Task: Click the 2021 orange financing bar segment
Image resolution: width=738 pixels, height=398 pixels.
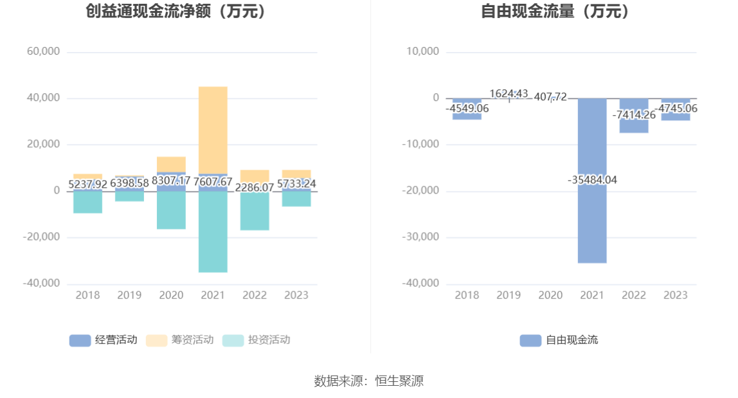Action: tap(213, 129)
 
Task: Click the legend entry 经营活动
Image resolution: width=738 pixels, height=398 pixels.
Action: tap(104, 340)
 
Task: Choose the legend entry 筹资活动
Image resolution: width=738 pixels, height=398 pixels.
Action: tap(180, 340)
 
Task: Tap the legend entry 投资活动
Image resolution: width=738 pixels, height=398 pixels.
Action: tap(256, 340)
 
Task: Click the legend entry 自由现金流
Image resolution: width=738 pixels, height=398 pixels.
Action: tap(559, 340)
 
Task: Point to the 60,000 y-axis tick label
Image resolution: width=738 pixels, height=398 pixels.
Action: tap(44, 51)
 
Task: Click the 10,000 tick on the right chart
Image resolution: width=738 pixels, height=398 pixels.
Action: tap(423, 51)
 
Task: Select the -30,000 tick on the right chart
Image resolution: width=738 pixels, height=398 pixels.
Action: tap(420, 237)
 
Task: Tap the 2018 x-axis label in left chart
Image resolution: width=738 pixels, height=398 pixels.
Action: tap(87, 295)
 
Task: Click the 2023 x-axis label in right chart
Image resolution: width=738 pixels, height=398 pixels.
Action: tap(676, 295)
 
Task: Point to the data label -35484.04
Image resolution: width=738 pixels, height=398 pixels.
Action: tap(592, 180)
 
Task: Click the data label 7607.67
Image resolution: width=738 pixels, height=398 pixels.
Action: tap(213, 183)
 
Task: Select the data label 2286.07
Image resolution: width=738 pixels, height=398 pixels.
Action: tap(255, 188)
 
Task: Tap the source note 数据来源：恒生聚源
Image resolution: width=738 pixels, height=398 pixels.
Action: tap(369, 381)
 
